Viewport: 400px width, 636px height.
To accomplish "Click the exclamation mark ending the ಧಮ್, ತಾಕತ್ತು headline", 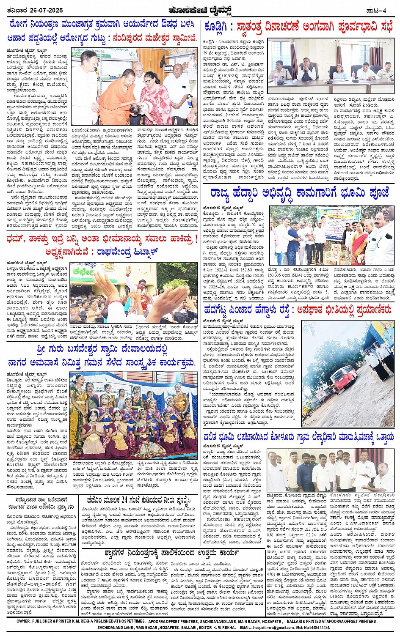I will [196, 239].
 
